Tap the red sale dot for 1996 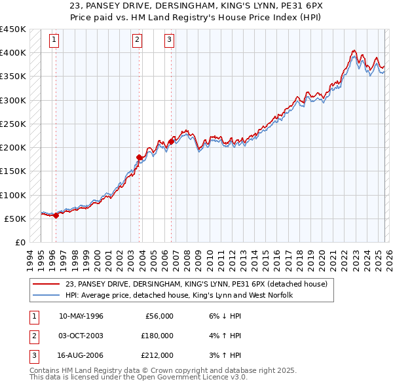[56, 216]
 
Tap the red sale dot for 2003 [139, 157]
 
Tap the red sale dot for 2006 [171, 141]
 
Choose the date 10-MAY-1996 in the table [81, 316]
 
